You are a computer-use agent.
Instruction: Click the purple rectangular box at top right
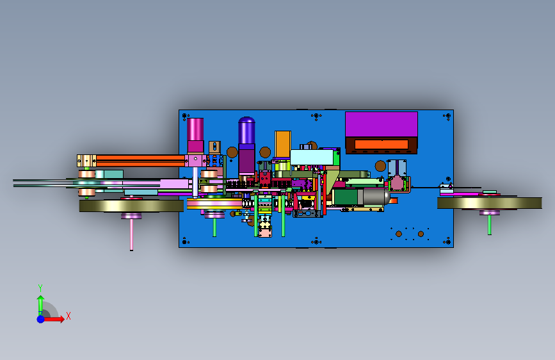pos(382,124)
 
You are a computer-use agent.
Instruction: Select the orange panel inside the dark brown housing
pos(382,144)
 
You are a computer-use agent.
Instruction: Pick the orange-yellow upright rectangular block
pos(283,144)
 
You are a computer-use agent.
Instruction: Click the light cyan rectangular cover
pos(312,158)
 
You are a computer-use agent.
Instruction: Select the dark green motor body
pos(346,197)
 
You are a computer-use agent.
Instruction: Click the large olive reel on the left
pos(131,206)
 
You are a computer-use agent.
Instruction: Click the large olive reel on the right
pos(490,203)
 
